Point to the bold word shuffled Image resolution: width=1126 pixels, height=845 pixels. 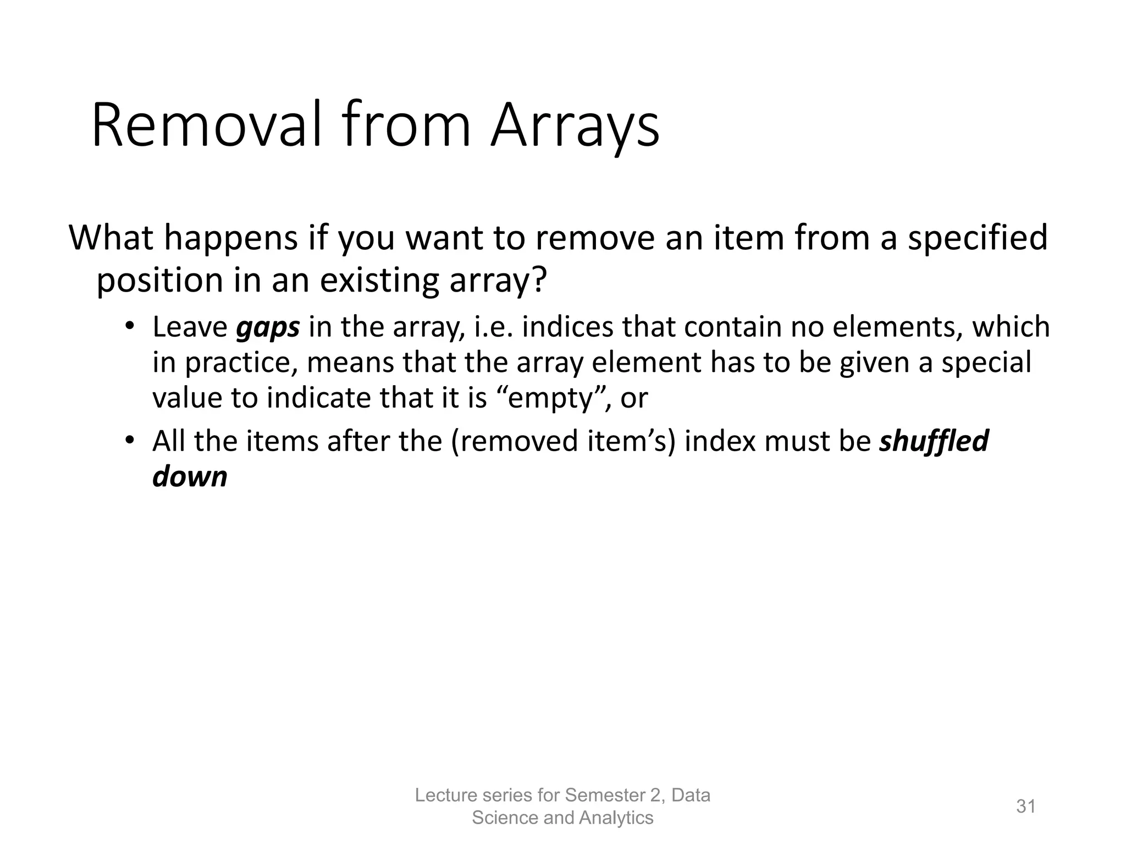click(934, 441)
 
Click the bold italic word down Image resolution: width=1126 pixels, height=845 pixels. click(190, 476)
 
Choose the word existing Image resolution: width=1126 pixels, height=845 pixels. click(381, 281)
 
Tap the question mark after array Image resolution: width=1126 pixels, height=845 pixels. click(539, 280)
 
